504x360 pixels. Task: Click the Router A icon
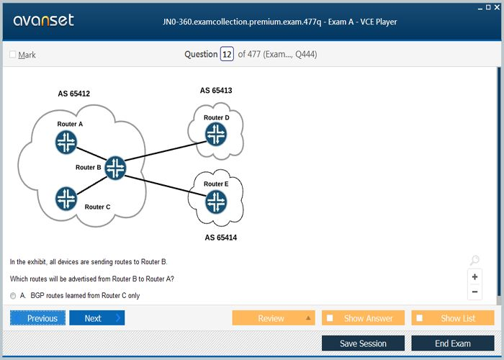(66, 142)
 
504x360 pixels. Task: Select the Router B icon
(115, 168)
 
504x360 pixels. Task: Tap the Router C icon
(66, 199)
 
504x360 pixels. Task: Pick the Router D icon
(216, 134)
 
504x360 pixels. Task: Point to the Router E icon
(216, 202)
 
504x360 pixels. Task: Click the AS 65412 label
(74, 94)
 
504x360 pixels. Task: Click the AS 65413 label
(216, 90)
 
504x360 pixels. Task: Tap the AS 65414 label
(221, 238)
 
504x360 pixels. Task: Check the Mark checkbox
(13, 54)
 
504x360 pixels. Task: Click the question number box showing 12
(227, 54)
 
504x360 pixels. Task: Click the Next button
(97, 318)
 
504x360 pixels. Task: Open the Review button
(274, 318)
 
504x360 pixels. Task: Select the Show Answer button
(363, 318)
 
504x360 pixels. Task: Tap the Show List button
(453, 318)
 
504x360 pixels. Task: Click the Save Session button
(363, 343)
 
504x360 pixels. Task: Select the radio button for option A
(13, 296)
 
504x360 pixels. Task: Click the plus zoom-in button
(474, 276)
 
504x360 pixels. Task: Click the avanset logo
(43, 20)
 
